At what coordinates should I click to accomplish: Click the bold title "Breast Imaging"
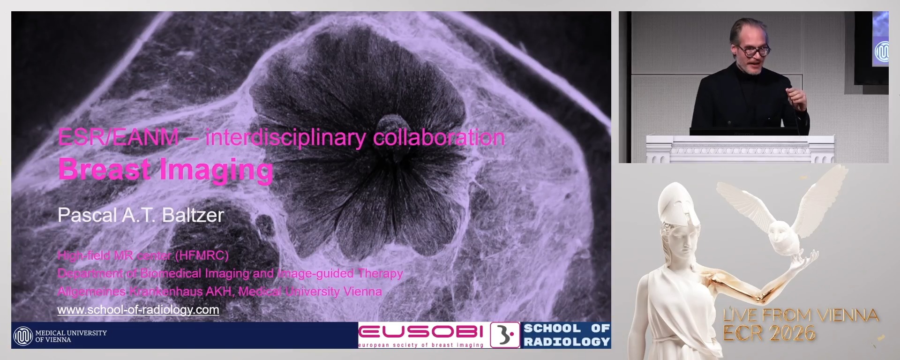point(165,169)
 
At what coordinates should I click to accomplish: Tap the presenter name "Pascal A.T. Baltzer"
point(141,215)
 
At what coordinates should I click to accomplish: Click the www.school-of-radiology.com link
point(138,310)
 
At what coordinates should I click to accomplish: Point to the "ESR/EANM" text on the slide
point(118,137)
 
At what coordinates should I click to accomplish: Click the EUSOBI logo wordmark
point(420,332)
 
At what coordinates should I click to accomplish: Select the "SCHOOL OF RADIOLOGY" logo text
point(566,335)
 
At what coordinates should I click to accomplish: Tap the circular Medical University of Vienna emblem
point(22,336)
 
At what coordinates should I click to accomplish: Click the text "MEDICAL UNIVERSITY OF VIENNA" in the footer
point(71,336)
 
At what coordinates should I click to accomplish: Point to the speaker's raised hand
point(796,97)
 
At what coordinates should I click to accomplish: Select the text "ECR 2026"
point(769,333)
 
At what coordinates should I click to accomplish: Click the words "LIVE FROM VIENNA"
point(800,315)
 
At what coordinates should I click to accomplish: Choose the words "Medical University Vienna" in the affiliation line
point(310,292)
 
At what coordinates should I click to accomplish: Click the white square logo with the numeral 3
point(505,335)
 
